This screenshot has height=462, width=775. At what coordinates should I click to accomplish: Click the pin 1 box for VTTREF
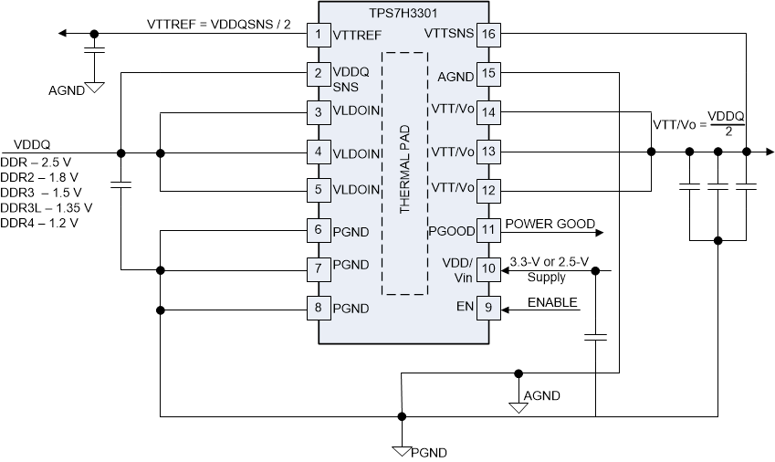(318, 34)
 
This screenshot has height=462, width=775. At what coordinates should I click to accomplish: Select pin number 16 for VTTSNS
(488, 34)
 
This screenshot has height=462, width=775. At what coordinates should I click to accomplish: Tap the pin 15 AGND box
(488, 73)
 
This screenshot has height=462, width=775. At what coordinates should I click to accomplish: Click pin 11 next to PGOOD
(488, 229)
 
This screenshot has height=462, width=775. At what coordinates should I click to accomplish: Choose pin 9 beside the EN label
(488, 308)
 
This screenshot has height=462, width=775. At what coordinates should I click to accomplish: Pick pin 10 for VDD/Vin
(488, 268)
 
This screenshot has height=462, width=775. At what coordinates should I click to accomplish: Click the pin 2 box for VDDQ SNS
(318, 73)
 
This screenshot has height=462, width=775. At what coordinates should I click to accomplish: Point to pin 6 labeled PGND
(318, 229)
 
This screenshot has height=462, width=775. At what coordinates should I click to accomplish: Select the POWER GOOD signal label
(550, 224)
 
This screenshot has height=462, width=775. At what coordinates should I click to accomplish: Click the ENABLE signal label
(552, 302)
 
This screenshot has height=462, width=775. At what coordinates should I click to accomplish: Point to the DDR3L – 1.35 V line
(47, 207)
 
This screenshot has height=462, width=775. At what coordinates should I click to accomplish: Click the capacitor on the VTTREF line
(92, 49)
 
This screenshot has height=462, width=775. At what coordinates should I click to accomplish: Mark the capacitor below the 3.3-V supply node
(595, 337)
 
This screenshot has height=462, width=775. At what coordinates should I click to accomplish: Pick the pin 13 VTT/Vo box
(488, 151)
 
